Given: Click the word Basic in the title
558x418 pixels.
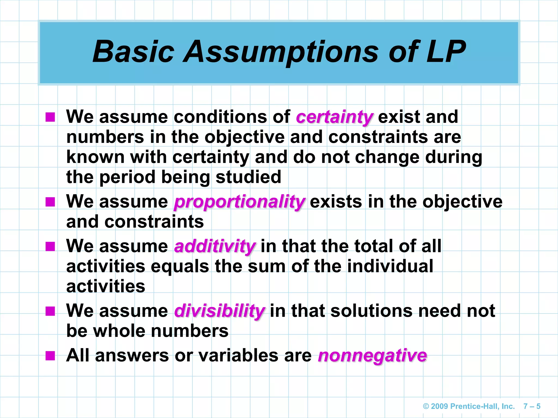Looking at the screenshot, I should [x=134, y=51].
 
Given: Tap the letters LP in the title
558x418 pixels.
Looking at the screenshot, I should [x=446, y=51].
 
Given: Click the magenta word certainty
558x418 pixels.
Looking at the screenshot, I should [x=334, y=117].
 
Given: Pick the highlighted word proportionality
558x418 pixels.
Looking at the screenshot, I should [x=239, y=202].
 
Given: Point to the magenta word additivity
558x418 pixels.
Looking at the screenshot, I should [x=215, y=246].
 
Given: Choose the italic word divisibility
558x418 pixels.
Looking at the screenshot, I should [x=219, y=311].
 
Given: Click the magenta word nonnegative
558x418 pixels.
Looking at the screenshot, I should [x=372, y=356].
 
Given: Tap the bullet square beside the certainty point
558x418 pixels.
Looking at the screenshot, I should [x=50, y=117].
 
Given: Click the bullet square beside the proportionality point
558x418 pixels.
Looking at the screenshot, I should [x=50, y=202].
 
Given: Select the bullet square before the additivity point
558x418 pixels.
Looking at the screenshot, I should [x=50, y=247].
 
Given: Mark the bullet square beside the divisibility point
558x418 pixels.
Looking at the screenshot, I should [x=50, y=311].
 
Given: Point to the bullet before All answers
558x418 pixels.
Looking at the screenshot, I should [x=50, y=356].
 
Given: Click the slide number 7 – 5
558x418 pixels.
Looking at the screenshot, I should [x=532, y=406].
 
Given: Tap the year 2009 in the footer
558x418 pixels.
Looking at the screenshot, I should [x=439, y=406].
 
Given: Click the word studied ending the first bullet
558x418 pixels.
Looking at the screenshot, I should [x=248, y=177].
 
